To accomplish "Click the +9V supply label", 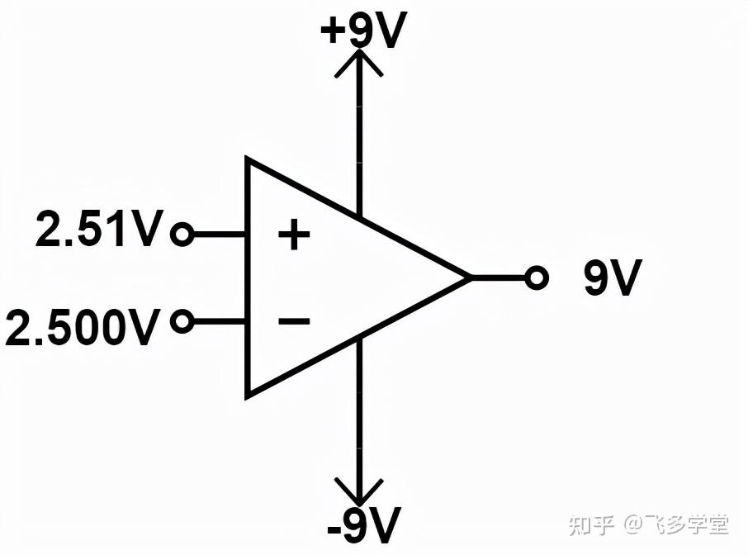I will [x=364, y=31].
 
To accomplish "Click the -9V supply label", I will [x=363, y=524].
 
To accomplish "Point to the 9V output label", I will [x=612, y=279].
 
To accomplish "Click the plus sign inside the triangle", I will [x=293, y=236].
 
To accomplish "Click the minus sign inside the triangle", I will [x=294, y=320].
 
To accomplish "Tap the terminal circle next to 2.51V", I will [x=181, y=235].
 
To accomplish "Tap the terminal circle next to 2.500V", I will [x=182, y=320].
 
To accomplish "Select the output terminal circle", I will [x=537, y=278].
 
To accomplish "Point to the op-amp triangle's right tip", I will [x=468, y=278].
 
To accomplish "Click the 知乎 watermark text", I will [x=592, y=524].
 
